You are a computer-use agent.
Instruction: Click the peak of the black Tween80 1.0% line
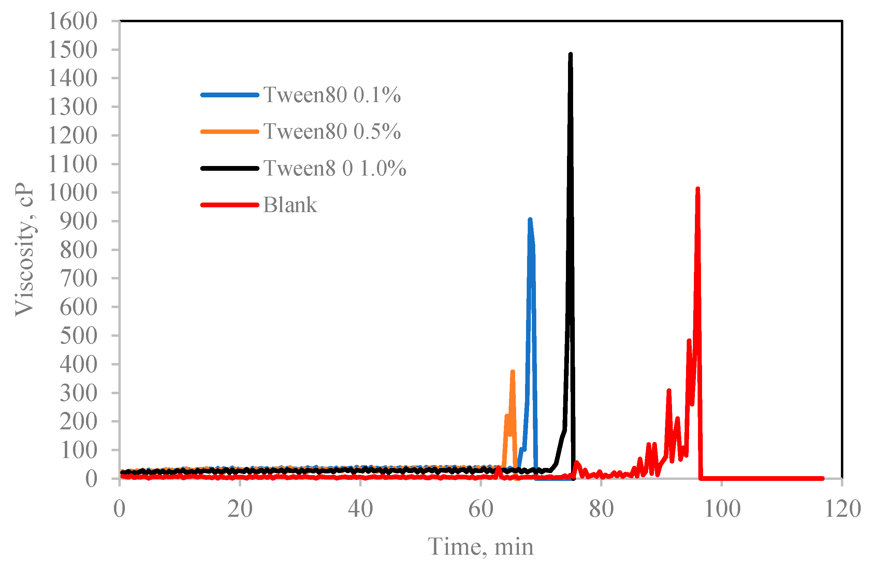click(570, 54)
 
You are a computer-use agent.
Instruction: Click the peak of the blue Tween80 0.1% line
click(530, 220)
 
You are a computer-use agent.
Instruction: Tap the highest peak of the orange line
click(513, 372)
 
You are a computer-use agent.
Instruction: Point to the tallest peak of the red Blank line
click(698, 189)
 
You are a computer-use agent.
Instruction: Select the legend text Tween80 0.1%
click(332, 95)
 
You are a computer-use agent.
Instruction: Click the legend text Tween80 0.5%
click(332, 131)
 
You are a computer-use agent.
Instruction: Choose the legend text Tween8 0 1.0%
click(335, 168)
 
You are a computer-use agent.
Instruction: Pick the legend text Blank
click(290, 205)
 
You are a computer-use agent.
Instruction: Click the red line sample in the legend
click(230, 205)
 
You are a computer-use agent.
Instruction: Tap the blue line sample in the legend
click(230, 95)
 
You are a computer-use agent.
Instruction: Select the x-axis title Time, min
click(481, 547)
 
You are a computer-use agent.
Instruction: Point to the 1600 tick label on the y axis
click(73, 21)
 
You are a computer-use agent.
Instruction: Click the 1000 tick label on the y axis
click(73, 193)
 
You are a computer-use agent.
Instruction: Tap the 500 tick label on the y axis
click(78, 336)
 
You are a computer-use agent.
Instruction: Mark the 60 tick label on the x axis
click(481, 509)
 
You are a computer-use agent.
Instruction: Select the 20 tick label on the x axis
click(240, 509)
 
